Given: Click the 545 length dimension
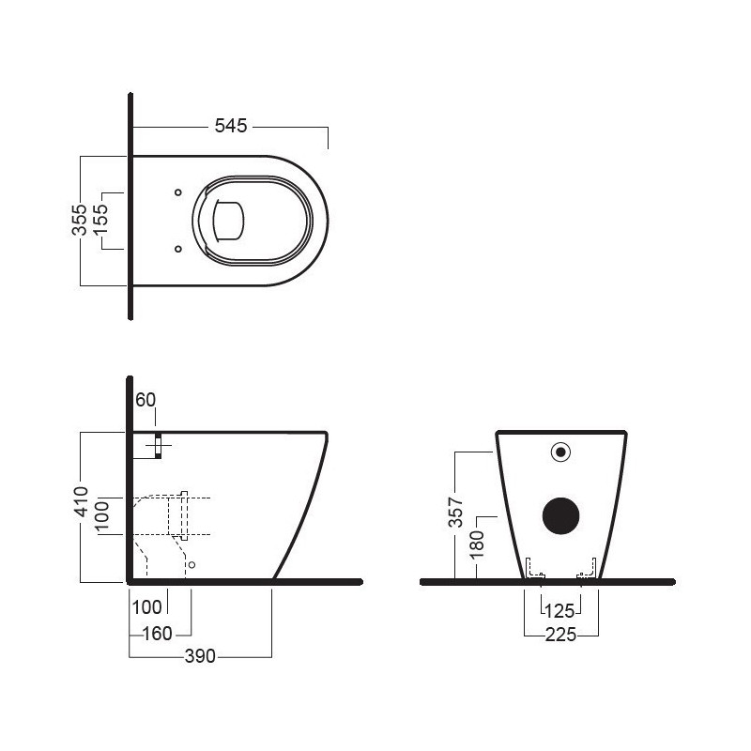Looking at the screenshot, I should click(230, 126).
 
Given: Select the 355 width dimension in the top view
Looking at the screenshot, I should click(81, 219).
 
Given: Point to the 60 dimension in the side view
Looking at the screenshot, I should click(146, 400).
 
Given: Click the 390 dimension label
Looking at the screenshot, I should click(200, 656).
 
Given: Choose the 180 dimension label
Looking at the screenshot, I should click(478, 545).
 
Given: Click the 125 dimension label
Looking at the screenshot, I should click(560, 610).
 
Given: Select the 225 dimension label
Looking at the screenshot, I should click(560, 635).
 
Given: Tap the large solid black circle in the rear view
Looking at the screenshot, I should click(562, 513).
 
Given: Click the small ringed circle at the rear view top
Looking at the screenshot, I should click(560, 452).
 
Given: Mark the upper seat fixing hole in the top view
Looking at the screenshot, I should click(177, 193).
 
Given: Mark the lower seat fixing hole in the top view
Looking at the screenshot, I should click(177, 249).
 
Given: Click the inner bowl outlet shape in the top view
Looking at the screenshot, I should click(229, 222).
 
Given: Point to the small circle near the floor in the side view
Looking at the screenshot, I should click(192, 565).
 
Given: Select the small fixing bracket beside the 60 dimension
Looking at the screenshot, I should click(158, 447).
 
